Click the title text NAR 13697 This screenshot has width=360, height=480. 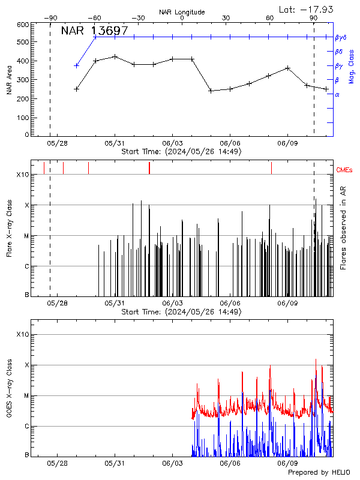coord(94,31)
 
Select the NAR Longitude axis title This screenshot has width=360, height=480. coord(182,11)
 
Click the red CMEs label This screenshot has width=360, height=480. coord(344,170)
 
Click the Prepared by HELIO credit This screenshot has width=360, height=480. coord(319,473)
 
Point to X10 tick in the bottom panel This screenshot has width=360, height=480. coord(23,334)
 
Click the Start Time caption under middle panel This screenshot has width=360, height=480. coord(181,312)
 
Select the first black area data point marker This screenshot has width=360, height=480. coord(76,89)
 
